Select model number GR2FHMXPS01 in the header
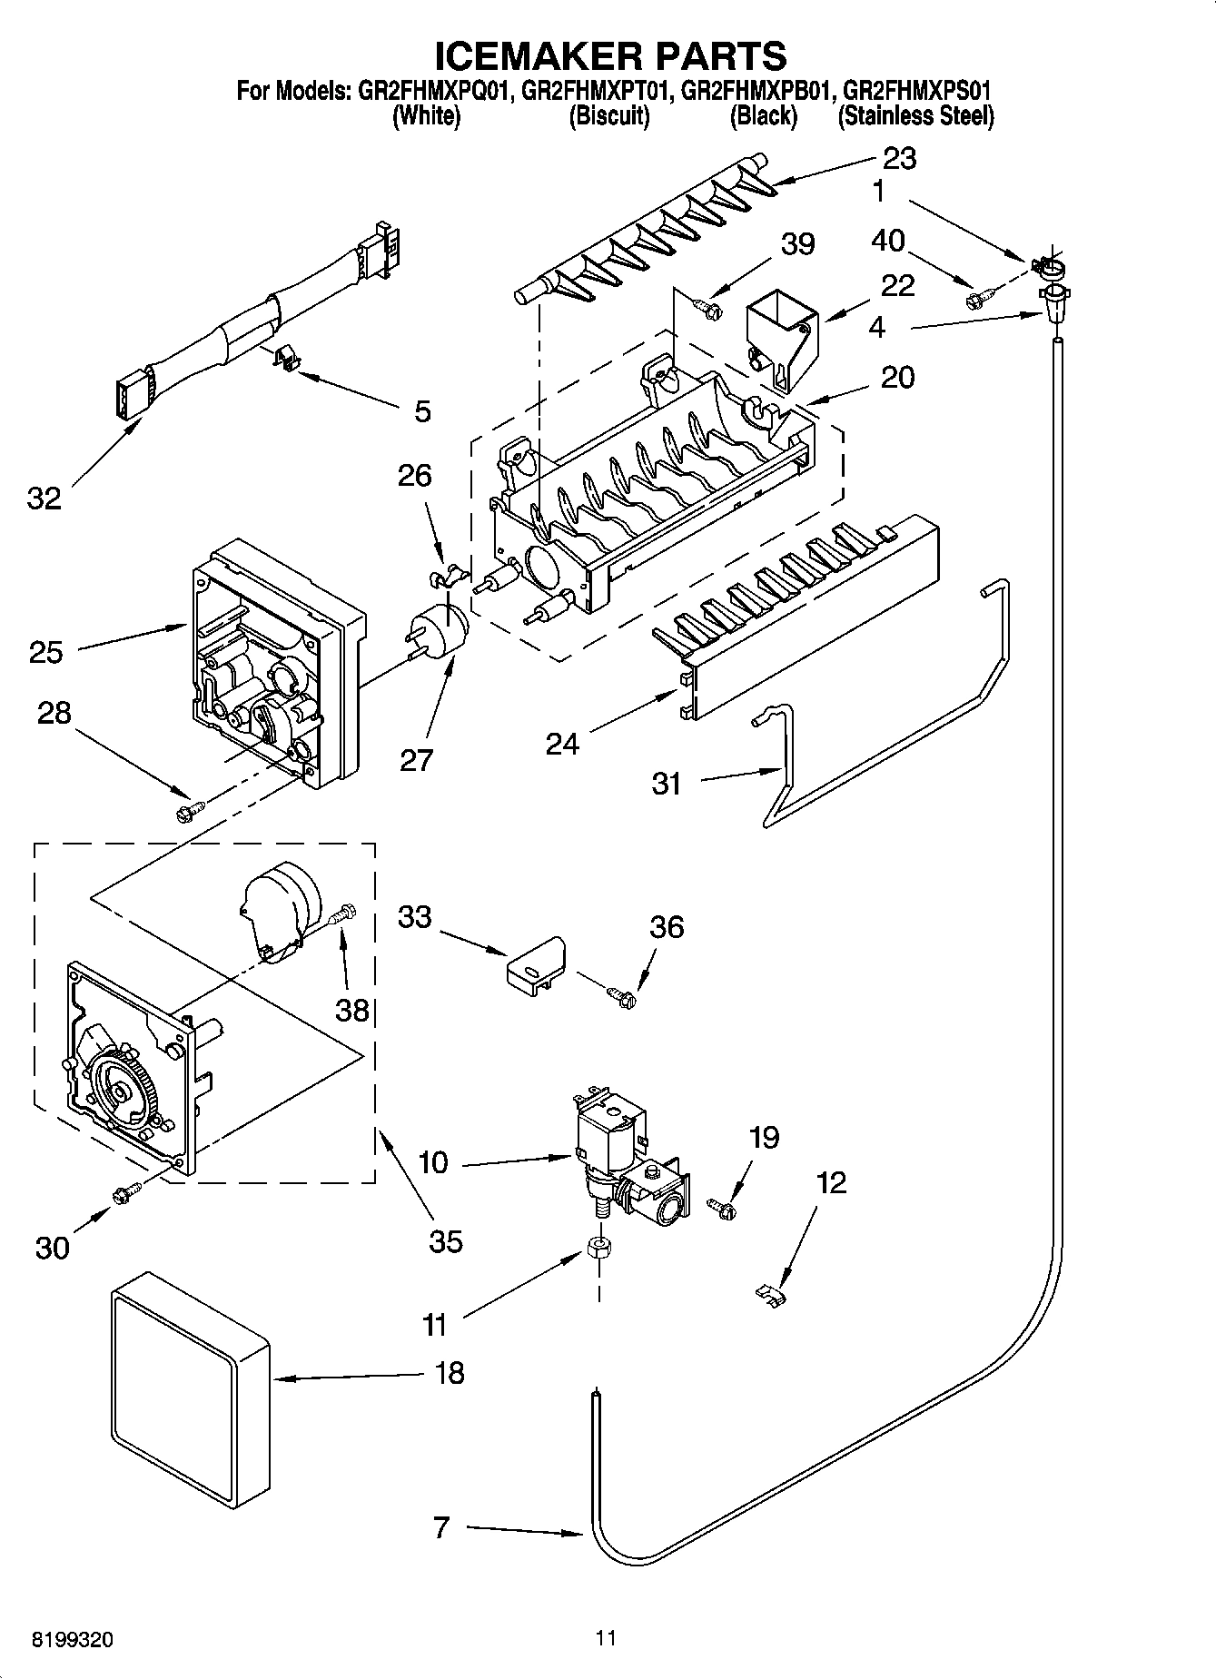pos(916,91)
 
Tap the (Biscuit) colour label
pos(608,116)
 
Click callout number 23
pos(898,159)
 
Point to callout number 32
pos(44,498)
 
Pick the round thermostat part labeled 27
pos(445,627)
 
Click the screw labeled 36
pos(622,996)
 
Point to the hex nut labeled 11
pos(598,1249)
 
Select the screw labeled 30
pos(125,1194)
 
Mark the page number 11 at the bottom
pos(606,1638)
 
